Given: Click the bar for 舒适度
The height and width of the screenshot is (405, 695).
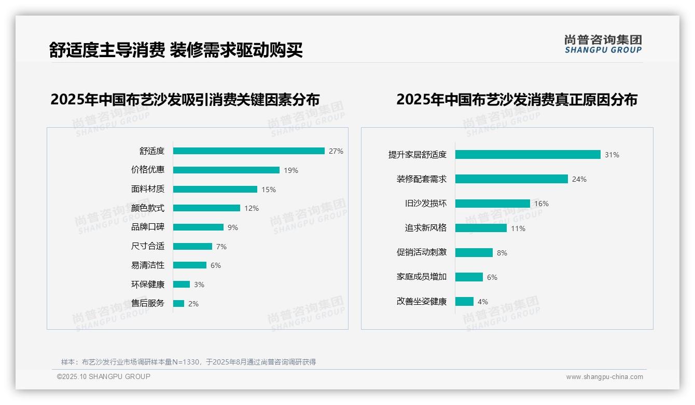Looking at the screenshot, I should (x=249, y=151).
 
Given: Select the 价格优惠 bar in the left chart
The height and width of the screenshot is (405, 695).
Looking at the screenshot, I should (x=226, y=170).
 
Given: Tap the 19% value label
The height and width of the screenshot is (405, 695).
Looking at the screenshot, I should (x=291, y=170).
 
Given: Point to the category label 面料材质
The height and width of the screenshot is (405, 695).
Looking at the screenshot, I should (x=148, y=189).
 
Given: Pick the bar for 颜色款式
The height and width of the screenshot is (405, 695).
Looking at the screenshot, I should (x=206, y=208).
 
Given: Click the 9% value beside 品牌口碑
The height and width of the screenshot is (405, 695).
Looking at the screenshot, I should (x=233, y=227).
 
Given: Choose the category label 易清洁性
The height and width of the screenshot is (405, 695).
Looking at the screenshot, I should (x=148, y=265).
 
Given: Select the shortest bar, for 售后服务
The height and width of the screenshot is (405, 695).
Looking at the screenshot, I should (x=178, y=304).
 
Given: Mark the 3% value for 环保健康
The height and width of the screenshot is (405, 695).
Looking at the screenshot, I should (x=199, y=285).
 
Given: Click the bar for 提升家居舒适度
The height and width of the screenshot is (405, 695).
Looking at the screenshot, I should (x=528, y=155).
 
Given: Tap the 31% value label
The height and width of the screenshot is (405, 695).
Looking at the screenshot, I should (x=612, y=155).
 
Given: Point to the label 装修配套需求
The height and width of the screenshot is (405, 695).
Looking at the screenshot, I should (x=422, y=179).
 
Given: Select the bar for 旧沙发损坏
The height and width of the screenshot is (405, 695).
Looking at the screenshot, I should (x=493, y=204).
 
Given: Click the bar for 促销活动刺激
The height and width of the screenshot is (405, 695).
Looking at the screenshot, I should (x=474, y=253).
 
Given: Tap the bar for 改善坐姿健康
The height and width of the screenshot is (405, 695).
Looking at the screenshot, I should (x=464, y=302).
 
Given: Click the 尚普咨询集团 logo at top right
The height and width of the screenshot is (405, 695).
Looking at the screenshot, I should (x=603, y=44).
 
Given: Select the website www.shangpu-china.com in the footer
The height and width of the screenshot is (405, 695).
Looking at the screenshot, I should (x=604, y=377).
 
